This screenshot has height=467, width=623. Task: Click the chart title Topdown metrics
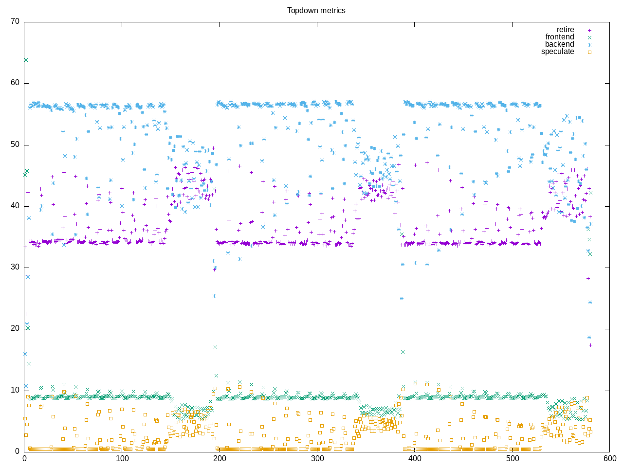316,10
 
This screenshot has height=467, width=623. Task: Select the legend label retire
565,30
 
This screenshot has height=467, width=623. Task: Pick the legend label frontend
560,37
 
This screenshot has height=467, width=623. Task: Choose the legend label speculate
557,52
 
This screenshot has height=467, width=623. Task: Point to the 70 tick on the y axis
15,21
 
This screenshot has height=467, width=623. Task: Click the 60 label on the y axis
15,83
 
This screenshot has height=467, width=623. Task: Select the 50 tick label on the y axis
15,144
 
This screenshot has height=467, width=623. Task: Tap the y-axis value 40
15,206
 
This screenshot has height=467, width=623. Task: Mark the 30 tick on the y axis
15,267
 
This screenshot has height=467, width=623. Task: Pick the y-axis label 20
15,328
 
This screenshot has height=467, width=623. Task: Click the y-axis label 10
15,390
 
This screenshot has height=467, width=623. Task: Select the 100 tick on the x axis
122,458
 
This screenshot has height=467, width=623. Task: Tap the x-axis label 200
220,458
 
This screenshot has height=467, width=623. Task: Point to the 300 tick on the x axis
317,458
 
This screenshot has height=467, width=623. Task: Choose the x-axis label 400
415,458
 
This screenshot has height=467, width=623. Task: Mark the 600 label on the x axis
609,458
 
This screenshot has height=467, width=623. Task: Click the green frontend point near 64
26,60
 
